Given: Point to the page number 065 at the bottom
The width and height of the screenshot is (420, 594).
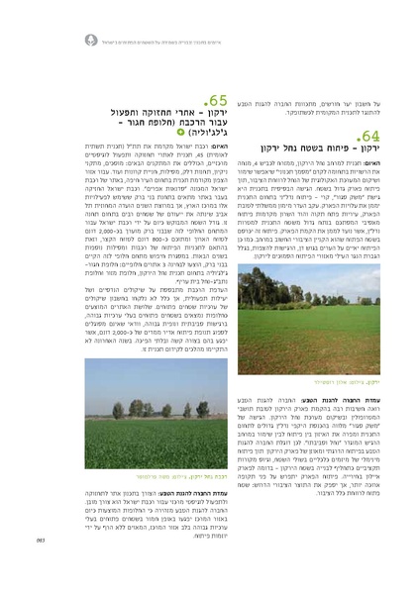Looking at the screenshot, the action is (x=28, y=566).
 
